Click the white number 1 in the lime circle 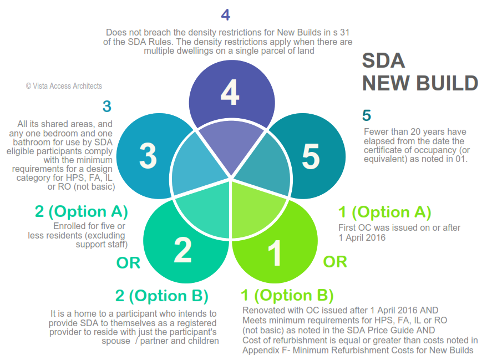275,253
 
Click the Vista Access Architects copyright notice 64,86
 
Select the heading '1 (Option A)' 384,212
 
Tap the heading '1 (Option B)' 287,294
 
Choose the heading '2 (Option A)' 82,211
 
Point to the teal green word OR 128,263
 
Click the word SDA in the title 383,60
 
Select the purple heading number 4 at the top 225,15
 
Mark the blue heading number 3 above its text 106,107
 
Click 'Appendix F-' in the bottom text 263,350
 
